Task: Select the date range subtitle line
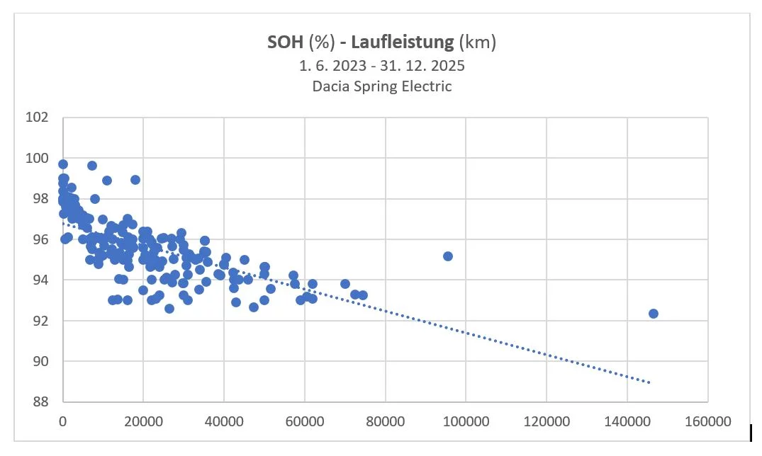pos(381,66)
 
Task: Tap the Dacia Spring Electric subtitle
pos(381,86)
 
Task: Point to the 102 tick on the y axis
pos(38,118)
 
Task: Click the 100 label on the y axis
pos(38,158)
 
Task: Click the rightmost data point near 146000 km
pos(654,314)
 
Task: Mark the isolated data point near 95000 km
pos(447,256)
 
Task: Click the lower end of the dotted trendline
pos(649,382)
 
